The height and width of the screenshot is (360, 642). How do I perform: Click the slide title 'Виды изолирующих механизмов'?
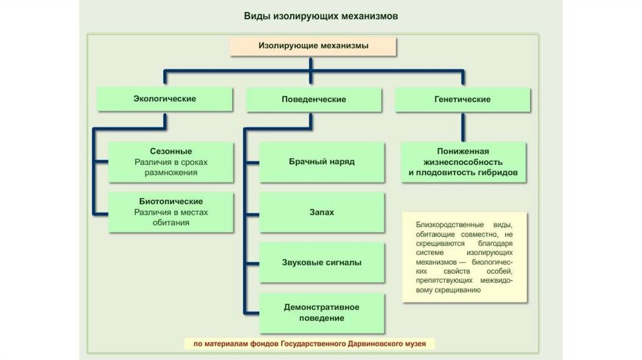pos(320,16)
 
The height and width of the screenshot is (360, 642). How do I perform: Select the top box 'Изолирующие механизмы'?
pos(313,46)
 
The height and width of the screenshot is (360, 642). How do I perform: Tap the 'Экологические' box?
pos(164,99)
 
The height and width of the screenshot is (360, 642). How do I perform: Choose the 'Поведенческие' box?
pos(313,99)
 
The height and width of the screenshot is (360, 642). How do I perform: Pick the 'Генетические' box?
pos(462,99)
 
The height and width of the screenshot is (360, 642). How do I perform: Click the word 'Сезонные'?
pos(171,151)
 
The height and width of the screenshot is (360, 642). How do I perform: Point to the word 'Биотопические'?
pos(171,201)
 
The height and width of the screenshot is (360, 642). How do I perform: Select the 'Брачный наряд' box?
pos(322,161)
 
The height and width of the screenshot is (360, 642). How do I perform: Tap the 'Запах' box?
pos(322,212)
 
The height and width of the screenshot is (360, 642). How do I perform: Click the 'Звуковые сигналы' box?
pos(322,262)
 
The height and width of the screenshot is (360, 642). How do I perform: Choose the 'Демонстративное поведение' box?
pos(322,312)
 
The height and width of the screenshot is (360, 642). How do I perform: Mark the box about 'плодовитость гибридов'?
pos(463,162)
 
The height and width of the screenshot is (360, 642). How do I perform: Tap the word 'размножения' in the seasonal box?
pos(171,172)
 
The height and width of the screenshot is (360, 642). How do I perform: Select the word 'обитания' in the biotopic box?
pos(171,222)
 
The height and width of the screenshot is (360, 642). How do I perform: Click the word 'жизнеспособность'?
pos(463,162)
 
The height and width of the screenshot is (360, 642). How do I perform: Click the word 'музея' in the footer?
pos(419,344)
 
